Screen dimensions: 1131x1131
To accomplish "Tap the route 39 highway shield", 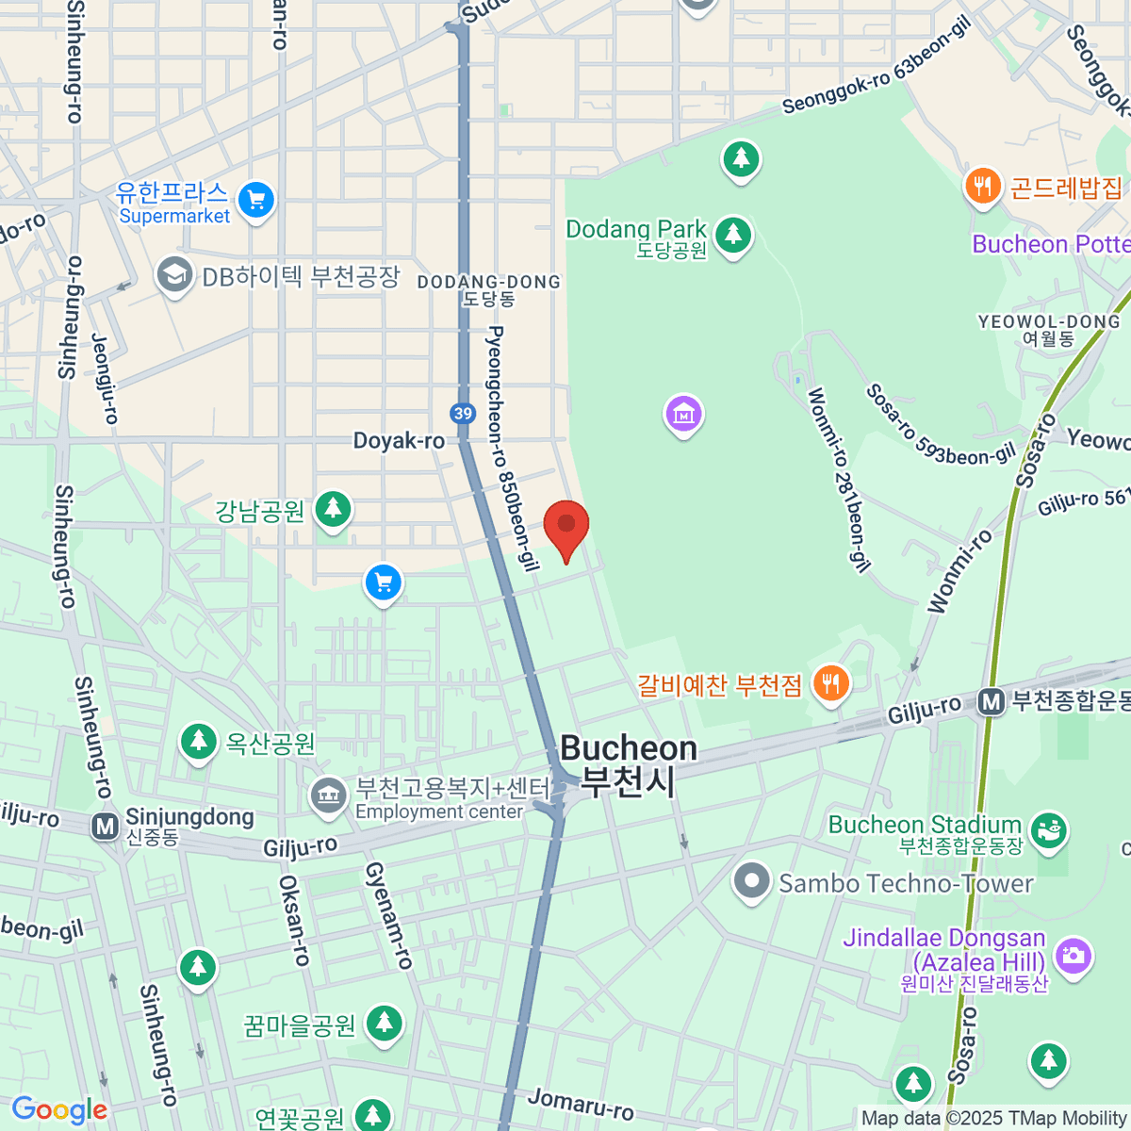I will (x=462, y=413).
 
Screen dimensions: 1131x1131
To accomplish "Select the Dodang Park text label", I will (x=636, y=229).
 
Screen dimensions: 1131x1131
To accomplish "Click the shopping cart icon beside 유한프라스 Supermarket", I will (x=255, y=200).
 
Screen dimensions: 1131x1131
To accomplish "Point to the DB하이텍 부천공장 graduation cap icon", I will (x=174, y=276).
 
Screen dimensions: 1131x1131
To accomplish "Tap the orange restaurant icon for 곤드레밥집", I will (x=982, y=186).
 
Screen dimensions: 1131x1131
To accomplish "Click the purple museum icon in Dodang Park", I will (x=683, y=414).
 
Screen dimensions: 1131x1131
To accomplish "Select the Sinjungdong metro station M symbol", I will (x=105, y=827).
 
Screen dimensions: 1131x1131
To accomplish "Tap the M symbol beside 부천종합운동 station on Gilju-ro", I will (x=990, y=702).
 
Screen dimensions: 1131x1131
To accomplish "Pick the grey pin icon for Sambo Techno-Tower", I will (x=751, y=882).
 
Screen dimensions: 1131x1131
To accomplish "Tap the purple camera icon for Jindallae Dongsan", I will (x=1074, y=956).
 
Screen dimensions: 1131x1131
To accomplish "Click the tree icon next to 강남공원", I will (x=332, y=509).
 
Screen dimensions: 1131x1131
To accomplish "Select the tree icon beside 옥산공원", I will (x=198, y=741).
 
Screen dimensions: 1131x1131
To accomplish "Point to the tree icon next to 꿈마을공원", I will (x=384, y=1023).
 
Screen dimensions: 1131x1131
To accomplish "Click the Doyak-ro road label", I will (x=399, y=440).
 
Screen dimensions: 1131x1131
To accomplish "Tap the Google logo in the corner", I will (x=59, y=1110).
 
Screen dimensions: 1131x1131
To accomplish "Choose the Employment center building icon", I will (x=328, y=795).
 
